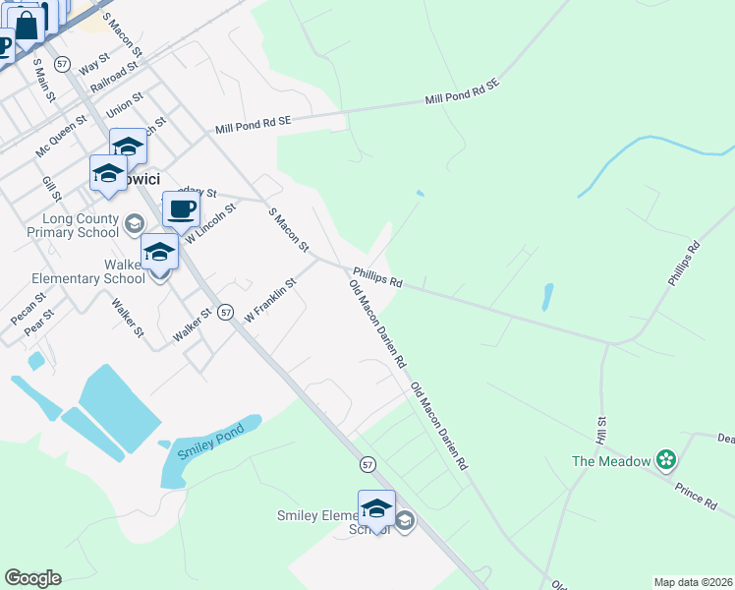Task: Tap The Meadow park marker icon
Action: [x=667, y=460]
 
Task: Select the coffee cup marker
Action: [x=181, y=209]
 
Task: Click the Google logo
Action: [x=32, y=578]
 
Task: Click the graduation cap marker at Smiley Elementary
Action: [x=376, y=508]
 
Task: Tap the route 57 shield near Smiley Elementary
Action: [x=367, y=463]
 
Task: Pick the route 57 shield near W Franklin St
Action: [x=225, y=312]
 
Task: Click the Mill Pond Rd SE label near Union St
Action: [x=254, y=124]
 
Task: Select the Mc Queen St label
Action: [x=61, y=138]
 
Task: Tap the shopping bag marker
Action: [x=27, y=26]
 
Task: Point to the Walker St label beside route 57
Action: [x=193, y=324]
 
